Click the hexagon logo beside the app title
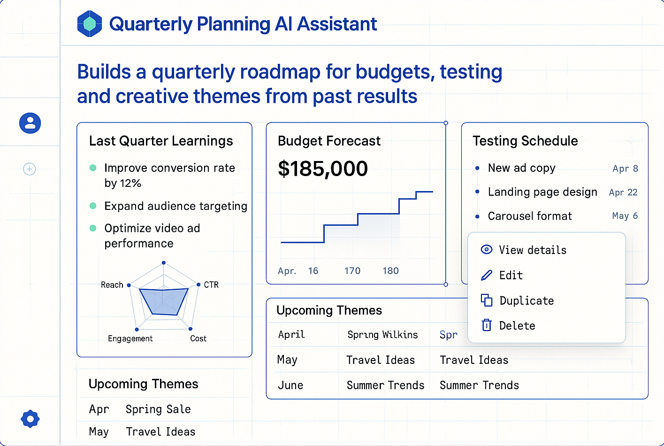pos(90,23)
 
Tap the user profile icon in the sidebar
pos(30,123)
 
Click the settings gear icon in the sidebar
pos(30,418)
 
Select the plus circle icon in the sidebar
pos(30,169)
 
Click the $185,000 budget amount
pos(323,169)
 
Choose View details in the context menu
pos(532,250)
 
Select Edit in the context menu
pos(511,276)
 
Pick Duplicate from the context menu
pos(526,301)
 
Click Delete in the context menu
pos(517,326)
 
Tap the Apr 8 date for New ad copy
pos(625,169)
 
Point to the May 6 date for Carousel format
pos(625,216)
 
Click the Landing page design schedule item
pos(542,192)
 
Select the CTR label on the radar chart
pos(211,285)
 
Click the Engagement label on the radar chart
pos(130,338)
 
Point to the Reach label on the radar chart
pos(112,285)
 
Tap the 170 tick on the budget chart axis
pos(352,271)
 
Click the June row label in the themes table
pos(290,385)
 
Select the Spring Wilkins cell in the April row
pos(382,335)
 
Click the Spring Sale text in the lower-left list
pos(158,409)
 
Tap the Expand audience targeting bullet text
pos(176,206)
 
